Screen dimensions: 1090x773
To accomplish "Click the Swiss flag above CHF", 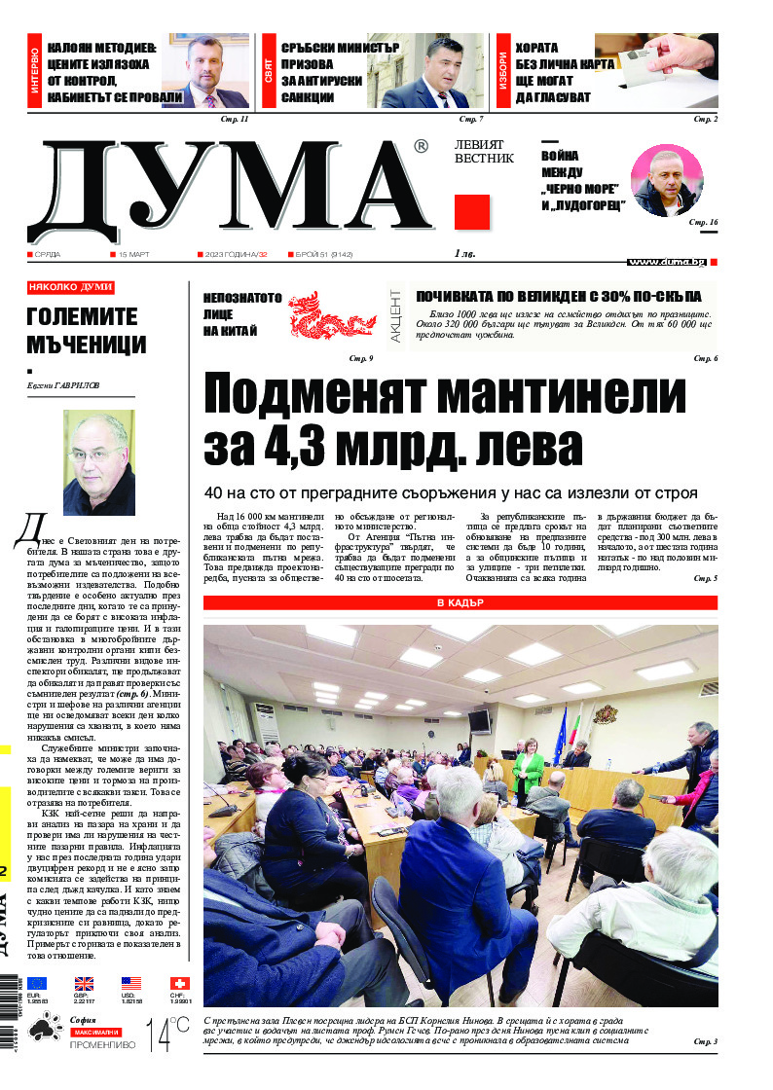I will click(x=179, y=984).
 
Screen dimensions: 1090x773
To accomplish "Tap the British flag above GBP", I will click(x=85, y=984).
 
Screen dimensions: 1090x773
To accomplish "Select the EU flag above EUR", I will click(x=37, y=984).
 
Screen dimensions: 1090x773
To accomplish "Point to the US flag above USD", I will click(x=131, y=984).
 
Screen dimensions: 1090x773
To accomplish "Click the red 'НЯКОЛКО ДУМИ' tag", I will click(x=71, y=287).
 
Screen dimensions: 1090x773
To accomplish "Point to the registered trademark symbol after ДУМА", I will click(x=421, y=147).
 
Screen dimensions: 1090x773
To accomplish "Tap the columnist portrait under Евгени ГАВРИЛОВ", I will click(x=98, y=461).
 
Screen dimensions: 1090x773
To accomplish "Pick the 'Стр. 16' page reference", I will click(x=703, y=223).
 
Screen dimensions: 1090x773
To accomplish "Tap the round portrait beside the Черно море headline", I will click(x=666, y=181).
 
